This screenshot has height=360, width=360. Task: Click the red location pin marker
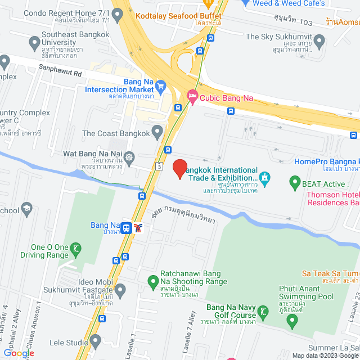(x=179, y=169)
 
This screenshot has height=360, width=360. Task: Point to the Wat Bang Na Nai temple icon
(x=130, y=157)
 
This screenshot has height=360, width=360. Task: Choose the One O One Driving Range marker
(x=76, y=247)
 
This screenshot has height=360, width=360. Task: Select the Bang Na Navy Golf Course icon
(x=262, y=311)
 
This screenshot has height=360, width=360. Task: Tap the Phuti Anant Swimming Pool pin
(x=291, y=321)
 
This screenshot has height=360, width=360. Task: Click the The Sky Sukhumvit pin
(x=319, y=40)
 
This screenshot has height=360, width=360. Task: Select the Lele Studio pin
(x=95, y=341)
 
